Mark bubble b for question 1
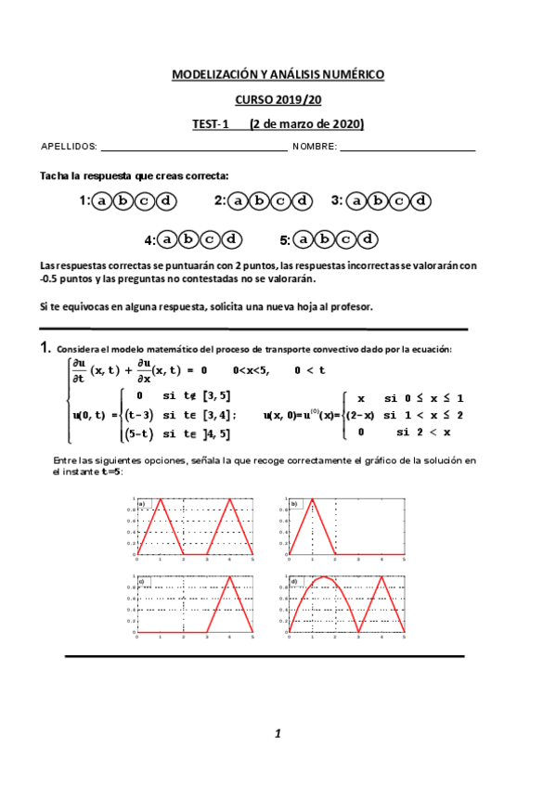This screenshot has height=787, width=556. coord(123,200)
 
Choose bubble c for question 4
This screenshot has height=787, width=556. coord(210,239)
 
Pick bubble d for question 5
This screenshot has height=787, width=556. coord(368,239)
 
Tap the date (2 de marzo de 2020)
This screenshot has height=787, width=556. coord(306,124)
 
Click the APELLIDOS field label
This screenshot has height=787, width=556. coord(69,148)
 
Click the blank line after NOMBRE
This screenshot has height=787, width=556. coord(408,149)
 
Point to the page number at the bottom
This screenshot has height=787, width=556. coord(277,734)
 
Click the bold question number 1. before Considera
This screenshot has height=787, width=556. coord(45,348)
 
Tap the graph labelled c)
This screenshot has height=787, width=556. coord(194,604)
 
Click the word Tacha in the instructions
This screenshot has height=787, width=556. coord(55,175)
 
